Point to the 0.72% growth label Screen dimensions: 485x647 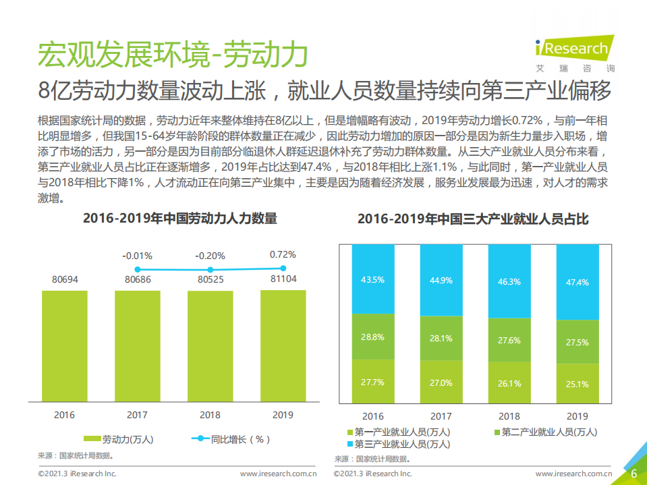(283, 254)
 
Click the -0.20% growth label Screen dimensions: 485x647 (210, 256)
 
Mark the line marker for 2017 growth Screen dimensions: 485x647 (138, 270)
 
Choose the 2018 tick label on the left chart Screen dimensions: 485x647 (210, 415)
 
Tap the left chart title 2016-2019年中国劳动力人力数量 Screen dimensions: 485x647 (179, 219)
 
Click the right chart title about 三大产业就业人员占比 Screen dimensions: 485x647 (472, 219)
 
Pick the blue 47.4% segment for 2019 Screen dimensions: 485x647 (578, 282)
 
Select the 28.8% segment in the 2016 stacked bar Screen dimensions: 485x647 (372, 337)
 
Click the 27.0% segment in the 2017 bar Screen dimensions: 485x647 (441, 382)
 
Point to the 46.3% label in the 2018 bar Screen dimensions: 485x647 (509, 281)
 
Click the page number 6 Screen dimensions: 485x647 (634, 474)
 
